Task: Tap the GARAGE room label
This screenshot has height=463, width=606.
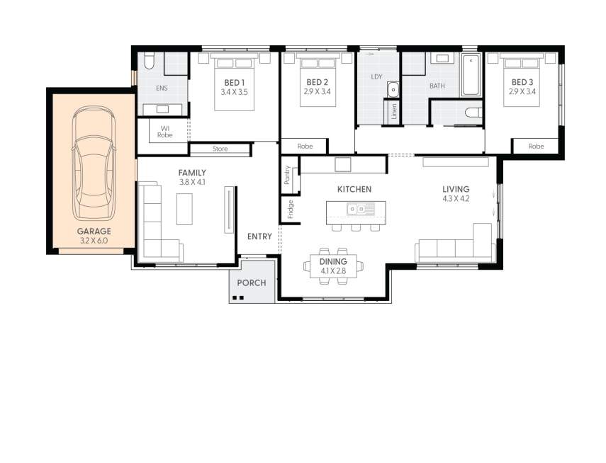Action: (94, 232)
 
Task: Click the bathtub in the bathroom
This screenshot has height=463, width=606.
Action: (471, 74)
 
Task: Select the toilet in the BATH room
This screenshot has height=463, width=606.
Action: (473, 112)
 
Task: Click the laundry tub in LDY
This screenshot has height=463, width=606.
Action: (393, 89)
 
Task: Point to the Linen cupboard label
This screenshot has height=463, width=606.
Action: (393, 113)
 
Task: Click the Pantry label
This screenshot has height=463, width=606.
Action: (288, 176)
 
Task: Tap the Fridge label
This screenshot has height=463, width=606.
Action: (290, 209)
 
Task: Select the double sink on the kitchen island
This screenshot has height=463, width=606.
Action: (361, 208)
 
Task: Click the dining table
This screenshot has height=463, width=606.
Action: (333, 266)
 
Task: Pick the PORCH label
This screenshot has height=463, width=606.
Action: (251, 282)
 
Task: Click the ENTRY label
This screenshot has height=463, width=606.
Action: (259, 236)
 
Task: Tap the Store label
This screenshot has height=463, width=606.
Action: (219, 149)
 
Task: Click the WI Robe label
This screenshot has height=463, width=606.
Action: (164, 131)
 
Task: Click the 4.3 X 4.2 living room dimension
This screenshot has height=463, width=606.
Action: (455, 199)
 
